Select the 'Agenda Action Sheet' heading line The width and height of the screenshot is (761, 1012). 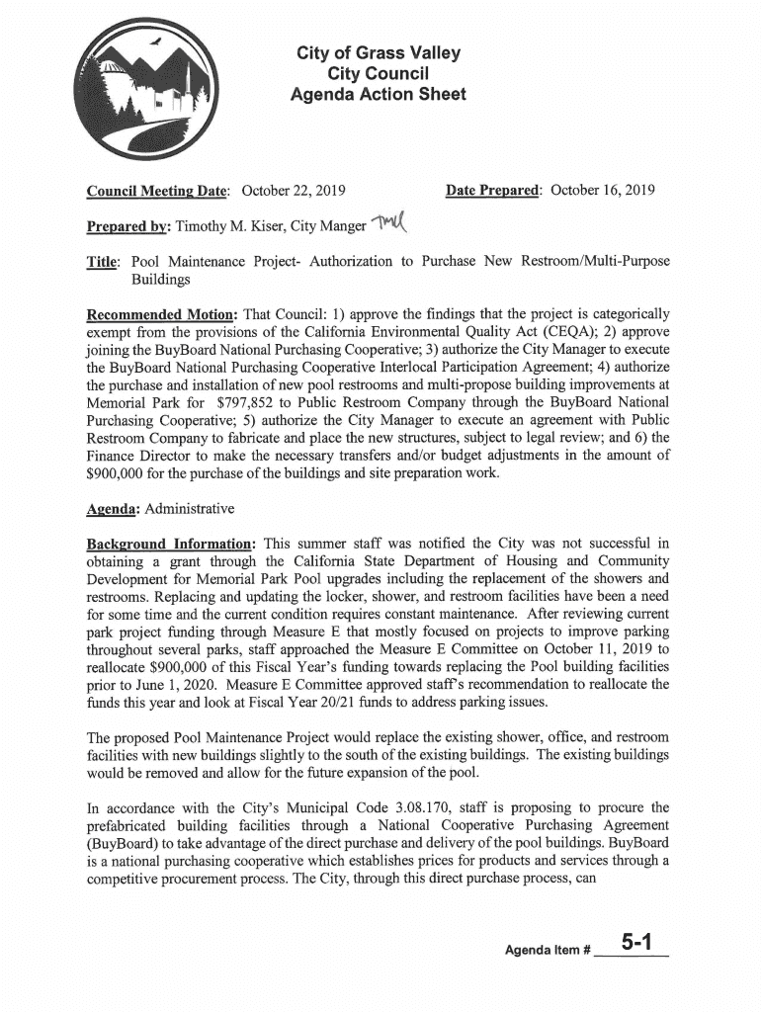pyautogui.click(x=377, y=95)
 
